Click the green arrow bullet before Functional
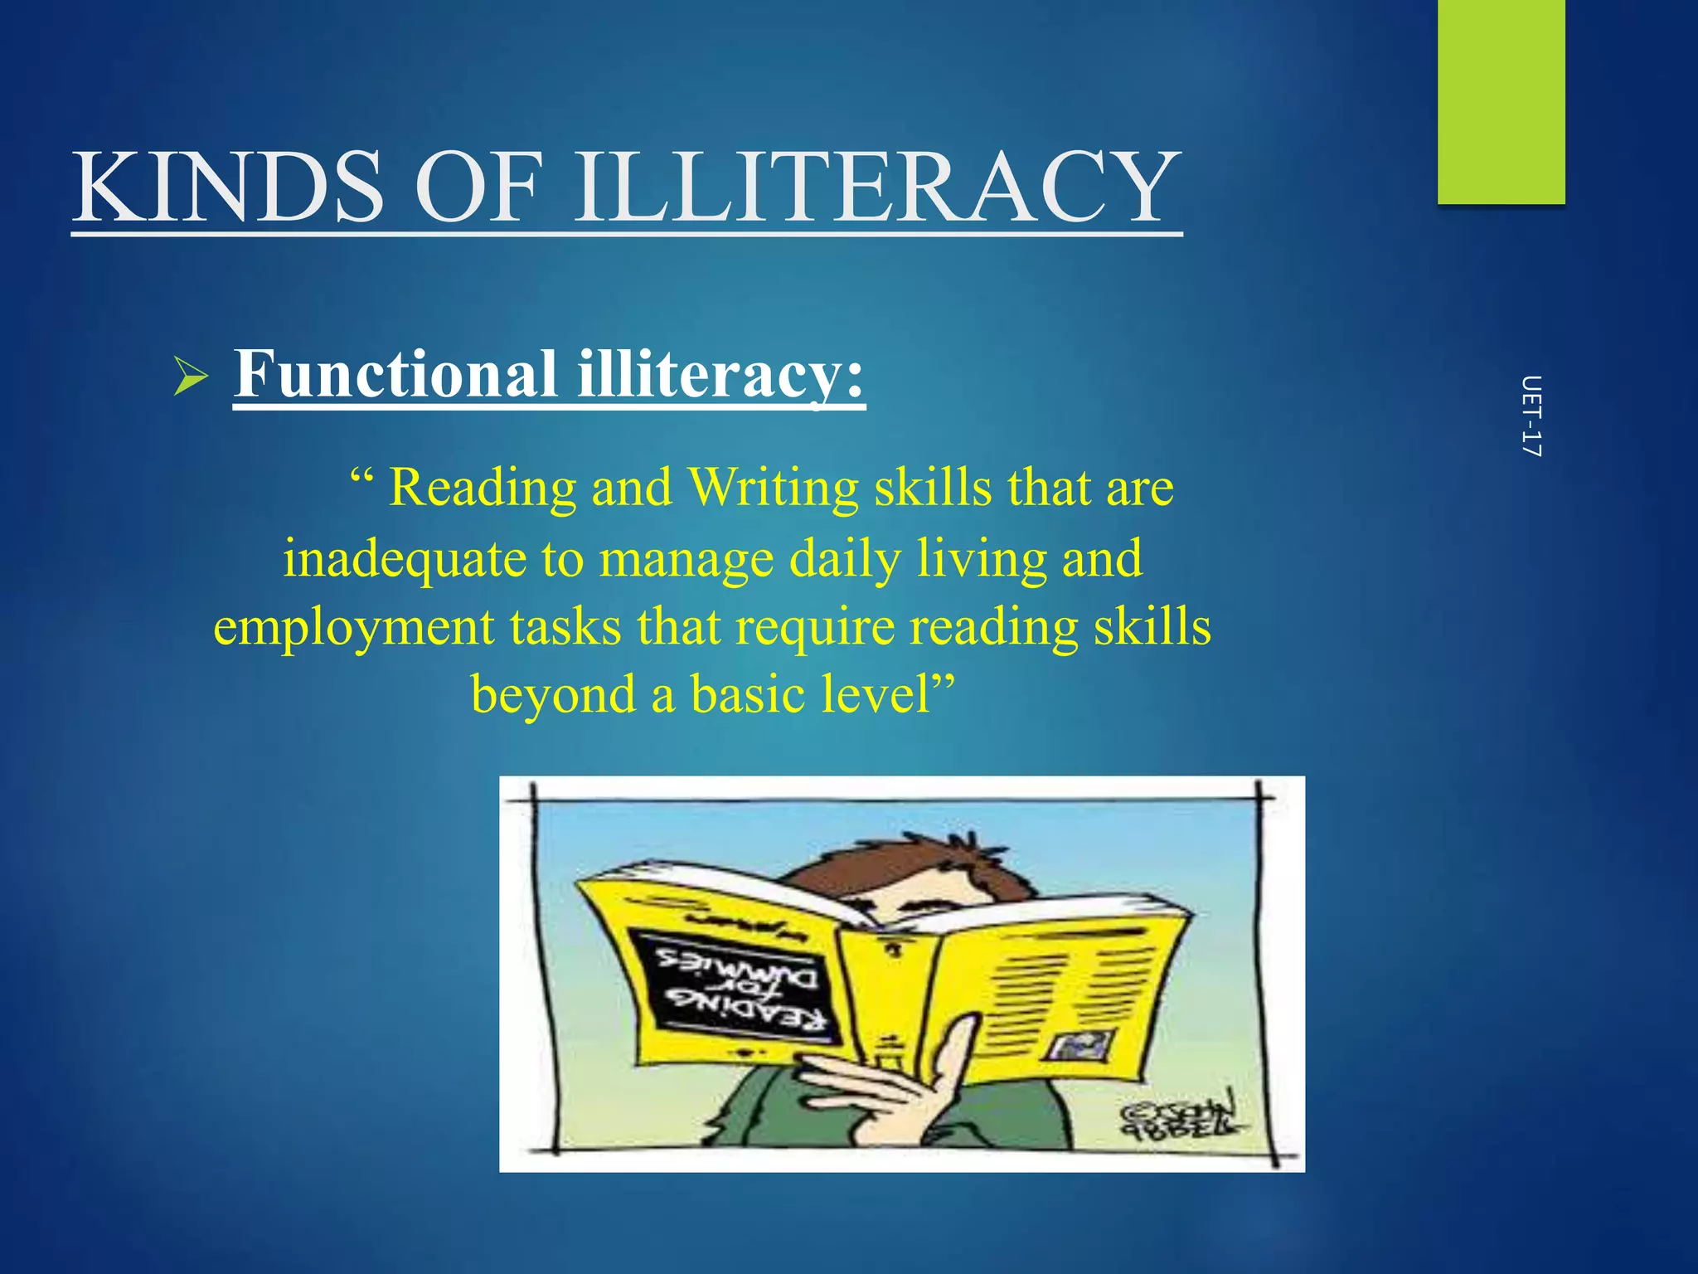(x=191, y=377)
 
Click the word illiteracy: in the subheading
(x=720, y=374)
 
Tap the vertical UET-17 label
(x=1531, y=416)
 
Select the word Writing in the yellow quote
(x=774, y=488)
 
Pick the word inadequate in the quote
(x=405, y=558)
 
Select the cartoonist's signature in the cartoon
(x=1177, y=1116)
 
